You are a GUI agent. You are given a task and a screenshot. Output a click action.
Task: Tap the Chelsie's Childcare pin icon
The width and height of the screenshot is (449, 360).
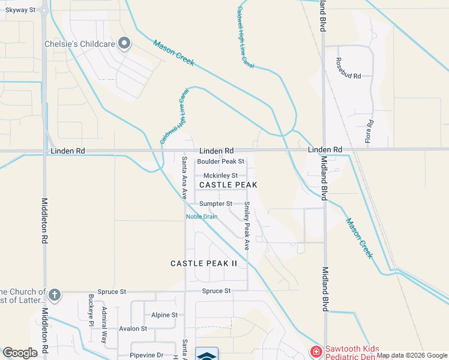coord(124,43)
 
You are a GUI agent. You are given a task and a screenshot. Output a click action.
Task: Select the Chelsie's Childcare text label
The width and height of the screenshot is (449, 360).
coord(80,44)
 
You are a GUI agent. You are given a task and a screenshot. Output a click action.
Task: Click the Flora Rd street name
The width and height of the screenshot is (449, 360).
coord(370,131)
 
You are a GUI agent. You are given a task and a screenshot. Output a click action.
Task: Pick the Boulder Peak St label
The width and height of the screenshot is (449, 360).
coord(221,161)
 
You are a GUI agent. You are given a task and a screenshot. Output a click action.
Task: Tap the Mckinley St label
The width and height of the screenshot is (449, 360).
coord(221,175)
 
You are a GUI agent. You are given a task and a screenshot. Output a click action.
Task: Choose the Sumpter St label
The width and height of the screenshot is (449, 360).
coord(215,203)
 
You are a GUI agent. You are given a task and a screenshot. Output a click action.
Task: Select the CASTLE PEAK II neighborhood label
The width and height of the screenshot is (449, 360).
coord(204,263)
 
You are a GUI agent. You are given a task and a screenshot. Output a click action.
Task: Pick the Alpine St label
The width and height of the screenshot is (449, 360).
coord(164,314)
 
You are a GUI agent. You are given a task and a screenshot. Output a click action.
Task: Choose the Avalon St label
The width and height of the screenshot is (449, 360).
coord(133,328)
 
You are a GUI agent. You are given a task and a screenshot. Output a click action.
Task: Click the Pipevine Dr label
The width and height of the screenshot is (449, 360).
coord(143,355)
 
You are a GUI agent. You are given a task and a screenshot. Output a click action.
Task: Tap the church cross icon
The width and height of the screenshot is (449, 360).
coord(55,295)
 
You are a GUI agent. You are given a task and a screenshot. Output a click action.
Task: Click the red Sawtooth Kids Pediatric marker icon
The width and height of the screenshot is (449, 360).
coord(315,351)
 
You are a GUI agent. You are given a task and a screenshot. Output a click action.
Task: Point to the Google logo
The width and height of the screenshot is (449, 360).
coord(20,353)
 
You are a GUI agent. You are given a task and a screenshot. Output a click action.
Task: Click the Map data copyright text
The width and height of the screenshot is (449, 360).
coord(411,355)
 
